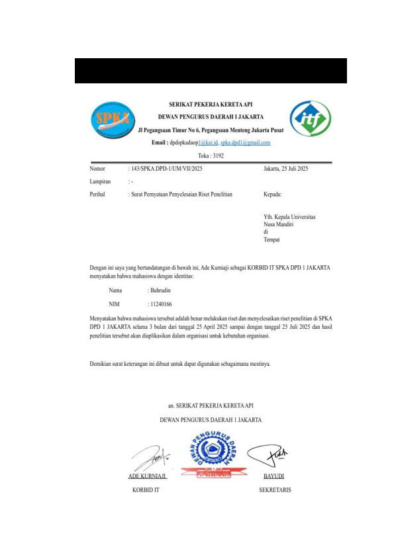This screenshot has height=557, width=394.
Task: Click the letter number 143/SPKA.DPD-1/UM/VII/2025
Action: (x=165, y=169)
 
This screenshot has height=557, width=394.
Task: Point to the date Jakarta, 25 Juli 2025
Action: (x=286, y=169)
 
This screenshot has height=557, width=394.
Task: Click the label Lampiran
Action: (x=100, y=182)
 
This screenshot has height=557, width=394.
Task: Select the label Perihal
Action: (x=98, y=194)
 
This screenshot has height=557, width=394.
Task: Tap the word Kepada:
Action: (x=273, y=194)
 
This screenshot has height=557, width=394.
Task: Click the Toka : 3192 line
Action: (x=211, y=155)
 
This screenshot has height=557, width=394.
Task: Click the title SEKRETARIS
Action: (x=275, y=490)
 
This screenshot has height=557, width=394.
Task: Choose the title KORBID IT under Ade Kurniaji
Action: (x=146, y=490)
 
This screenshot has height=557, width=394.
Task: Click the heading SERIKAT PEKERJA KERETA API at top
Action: (x=211, y=104)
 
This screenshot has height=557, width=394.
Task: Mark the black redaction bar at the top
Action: (x=211, y=71)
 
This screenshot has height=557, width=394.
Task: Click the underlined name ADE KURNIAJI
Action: (x=147, y=476)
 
